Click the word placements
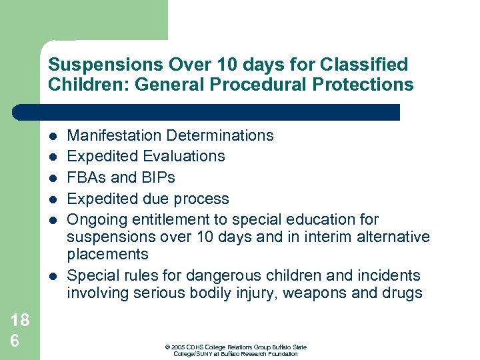[107, 254]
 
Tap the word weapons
[313, 293]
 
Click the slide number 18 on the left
[20, 320]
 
